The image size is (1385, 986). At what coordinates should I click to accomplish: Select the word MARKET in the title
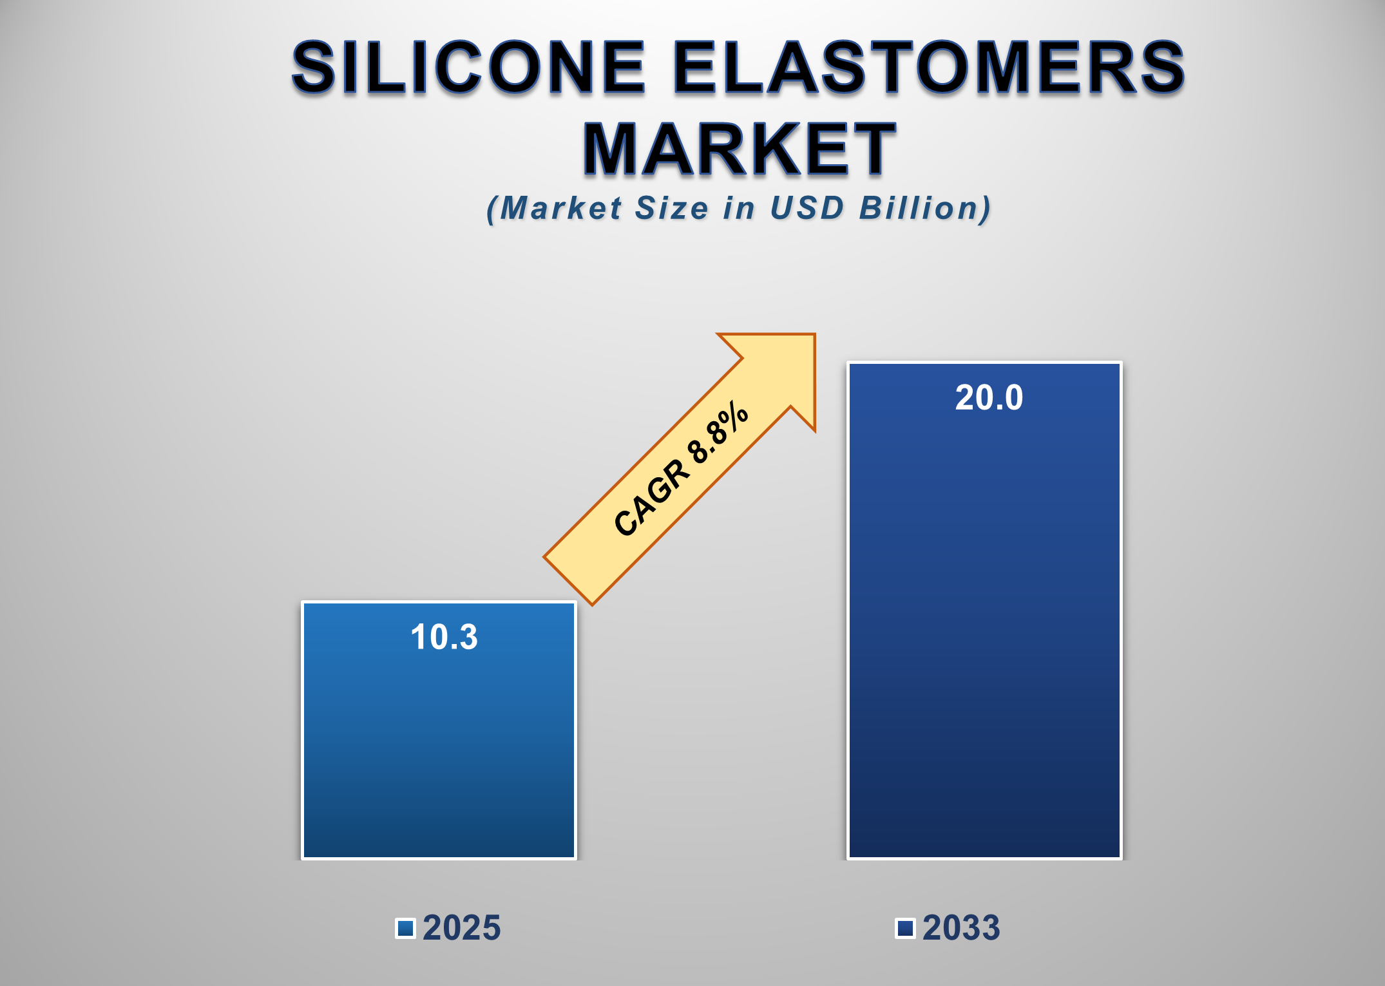pos(739,149)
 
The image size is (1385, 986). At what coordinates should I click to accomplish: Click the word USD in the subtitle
pos(807,208)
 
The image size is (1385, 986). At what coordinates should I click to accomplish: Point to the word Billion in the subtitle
pos(925,208)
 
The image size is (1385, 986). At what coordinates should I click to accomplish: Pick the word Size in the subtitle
pos(672,208)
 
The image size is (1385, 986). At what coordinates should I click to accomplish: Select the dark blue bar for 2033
pos(984,644)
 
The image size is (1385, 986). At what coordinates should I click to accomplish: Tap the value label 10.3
pos(444,637)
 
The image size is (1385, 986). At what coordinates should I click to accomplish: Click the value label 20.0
pos(989,397)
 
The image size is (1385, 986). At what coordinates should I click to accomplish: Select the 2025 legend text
pos(461,927)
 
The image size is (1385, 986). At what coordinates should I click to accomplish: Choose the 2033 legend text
pos(961,927)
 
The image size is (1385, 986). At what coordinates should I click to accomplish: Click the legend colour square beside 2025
pos(405,928)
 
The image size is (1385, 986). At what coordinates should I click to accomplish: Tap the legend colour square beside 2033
pos(905,928)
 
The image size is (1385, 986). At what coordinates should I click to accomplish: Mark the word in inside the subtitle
pos(738,208)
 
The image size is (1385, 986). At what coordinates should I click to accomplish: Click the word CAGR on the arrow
pos(651,498)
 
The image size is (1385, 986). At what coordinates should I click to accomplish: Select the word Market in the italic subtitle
pos(560,208)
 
